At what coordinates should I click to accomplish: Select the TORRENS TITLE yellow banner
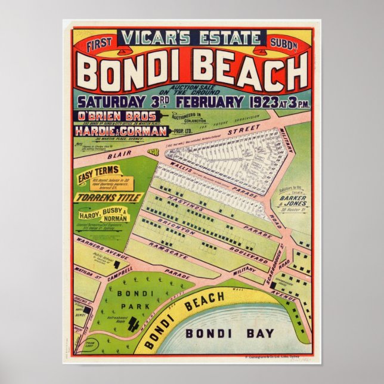(107, 197)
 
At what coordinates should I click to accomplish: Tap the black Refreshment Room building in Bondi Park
(134, 324)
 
